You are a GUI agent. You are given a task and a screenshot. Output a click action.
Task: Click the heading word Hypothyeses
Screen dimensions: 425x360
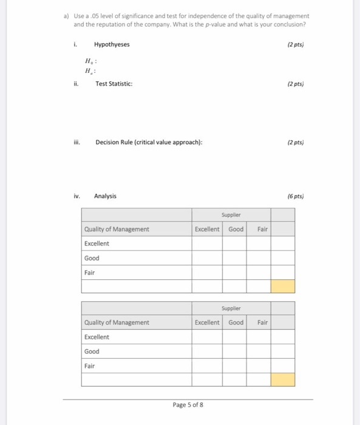(112, 44)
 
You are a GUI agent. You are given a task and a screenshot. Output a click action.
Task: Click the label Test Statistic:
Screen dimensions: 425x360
(114, 84)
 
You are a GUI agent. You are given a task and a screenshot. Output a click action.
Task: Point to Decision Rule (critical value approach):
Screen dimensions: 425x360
(148, 143)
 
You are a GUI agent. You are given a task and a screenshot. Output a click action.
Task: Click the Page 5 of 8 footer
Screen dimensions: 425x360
(188, 404)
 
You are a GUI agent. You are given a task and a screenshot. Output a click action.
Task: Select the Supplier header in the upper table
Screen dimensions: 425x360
(231, 215)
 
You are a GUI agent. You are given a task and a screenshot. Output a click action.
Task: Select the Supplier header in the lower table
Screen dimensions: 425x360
(231, 308)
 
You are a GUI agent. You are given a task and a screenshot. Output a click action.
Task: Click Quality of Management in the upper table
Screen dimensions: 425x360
(117, 229)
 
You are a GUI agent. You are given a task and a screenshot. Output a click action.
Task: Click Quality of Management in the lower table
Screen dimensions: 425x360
(117, 322)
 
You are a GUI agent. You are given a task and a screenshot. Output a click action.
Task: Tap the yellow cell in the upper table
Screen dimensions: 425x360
(282, 286)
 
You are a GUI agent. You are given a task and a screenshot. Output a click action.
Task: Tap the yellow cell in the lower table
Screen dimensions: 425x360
(282, 379)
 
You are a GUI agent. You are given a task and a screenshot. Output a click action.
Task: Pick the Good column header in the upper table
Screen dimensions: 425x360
(236, 229)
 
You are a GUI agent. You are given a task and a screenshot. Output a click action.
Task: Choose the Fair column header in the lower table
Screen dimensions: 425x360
(262, 322)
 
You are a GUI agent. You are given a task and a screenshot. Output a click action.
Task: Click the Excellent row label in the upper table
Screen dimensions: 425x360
(97, 243)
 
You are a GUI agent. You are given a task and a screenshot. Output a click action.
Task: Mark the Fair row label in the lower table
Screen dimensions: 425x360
(90, 365)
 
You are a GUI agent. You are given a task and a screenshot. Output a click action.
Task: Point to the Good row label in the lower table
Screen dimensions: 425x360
(92, 352)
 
